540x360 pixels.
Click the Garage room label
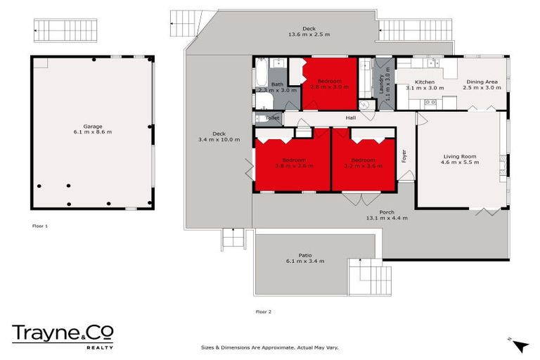pos(93,127)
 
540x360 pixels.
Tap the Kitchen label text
pos(424,82)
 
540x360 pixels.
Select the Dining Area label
pos(483,82)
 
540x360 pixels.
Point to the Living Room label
pos(460,156)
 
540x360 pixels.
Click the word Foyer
pos(404,156)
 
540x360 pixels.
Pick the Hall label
pos(351,117)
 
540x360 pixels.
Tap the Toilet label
pos(273,118)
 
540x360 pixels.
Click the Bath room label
pos(277,84)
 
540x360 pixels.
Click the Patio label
pos(305,255)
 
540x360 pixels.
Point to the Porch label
pos(386,212)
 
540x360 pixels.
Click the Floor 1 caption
pos(39,226)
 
